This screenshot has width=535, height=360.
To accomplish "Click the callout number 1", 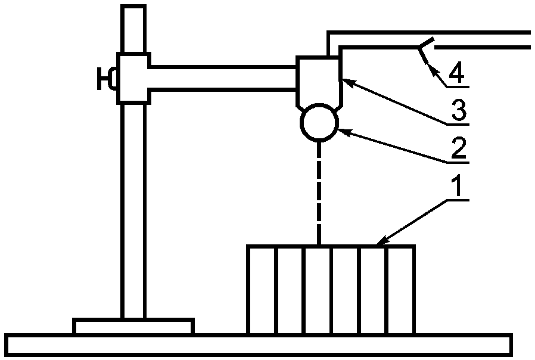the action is (457, 188).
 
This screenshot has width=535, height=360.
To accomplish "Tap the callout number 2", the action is (458, 148).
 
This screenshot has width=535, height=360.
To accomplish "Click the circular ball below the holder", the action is (319, 122).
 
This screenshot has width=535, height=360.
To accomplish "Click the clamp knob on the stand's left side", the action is (108, 79).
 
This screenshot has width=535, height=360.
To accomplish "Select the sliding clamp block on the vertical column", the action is (133, 77).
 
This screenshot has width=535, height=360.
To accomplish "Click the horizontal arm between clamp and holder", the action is (223, 78).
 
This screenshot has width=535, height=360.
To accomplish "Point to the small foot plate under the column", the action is (133, 327).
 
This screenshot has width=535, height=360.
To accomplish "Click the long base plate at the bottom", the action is (260, 345).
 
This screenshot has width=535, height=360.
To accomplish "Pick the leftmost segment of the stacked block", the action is (262, 289).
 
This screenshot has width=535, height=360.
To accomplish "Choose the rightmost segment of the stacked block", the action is (401, 289).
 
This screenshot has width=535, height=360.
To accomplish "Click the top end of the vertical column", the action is (133, 8).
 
